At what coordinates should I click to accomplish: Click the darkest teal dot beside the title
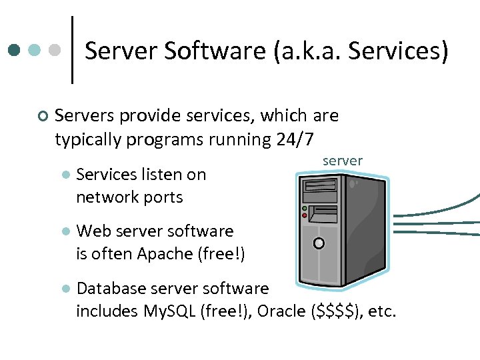(14, 50)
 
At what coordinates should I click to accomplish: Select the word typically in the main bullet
(88, 139)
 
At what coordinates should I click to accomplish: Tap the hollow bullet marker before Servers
(43, 117)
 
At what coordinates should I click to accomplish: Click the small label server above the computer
(342, 161)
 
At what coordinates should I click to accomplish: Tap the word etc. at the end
(382, 311)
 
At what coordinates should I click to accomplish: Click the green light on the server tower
(305, 209)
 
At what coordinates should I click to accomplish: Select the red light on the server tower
(305, 215)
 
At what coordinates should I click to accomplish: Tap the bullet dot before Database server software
(65, 289)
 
